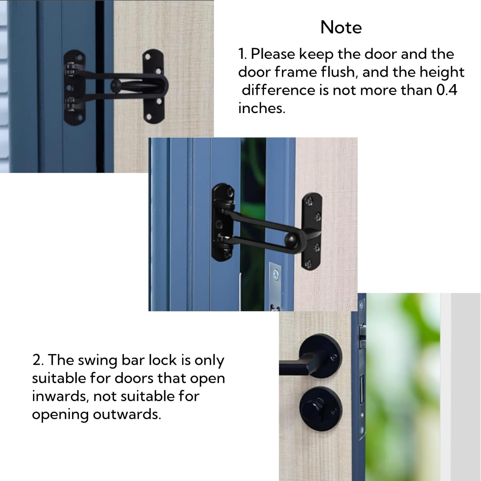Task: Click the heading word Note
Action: pyautogui.click(x=341, y=28)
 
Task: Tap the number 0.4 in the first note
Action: pyautogui.click(x=447, y=90)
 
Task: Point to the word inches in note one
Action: pyautogui.click(x=261, y=108)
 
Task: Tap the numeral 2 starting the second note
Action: pyautogui.click(x=38, y=360)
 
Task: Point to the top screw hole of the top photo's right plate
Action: pyautogui.click(x=148, y=58)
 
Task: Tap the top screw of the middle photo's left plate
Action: pyautogui.click(x=230, y=193)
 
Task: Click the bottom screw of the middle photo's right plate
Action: pyautogui.click(x=309, y=265)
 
